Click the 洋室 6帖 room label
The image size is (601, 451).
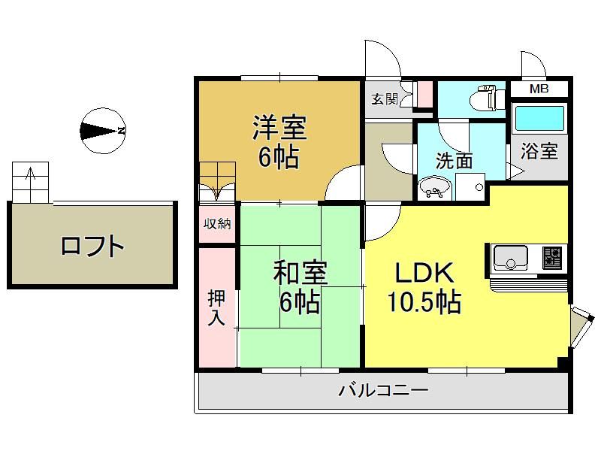(279, 142)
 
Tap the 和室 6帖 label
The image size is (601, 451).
(300, 287)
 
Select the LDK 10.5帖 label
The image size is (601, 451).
(424, 287)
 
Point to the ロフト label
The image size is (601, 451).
(92, 246)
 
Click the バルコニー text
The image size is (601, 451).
(383, 391)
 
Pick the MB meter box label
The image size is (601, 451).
(539, 89)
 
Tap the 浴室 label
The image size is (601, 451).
(539, 151)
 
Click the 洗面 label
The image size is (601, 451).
(455, 161)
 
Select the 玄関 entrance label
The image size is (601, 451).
(384, 99)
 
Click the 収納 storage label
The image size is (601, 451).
(217, 223)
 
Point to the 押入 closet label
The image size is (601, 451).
(216, 308)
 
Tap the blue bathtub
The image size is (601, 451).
(539, 118)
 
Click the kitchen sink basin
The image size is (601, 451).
(511, 257)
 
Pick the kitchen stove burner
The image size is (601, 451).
(552, 256)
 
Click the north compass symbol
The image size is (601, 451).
(104, 131)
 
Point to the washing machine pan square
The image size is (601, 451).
(470, 186)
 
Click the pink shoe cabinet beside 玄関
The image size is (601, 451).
(424, 95)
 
